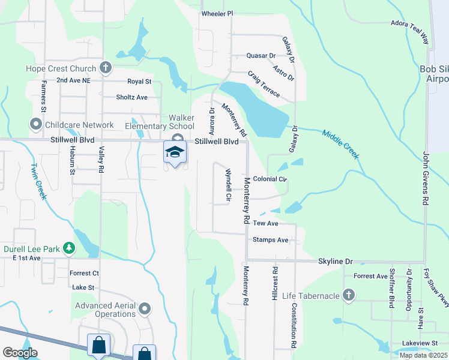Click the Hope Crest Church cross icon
pyautogui.click(x=106, y=67)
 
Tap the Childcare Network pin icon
pyautogui.click(x=35, y=125)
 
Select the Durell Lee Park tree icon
pyautogui.click(x=70, y=247)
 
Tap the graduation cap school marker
pyautogui.click(x=175, y=152)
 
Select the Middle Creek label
pyautogui.click(x=340, y=144)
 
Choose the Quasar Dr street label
pyautogui.click(x=261, y=56)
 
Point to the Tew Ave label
pyautogui.click(x=265, y=223)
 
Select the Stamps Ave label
pyautogui.click(x=271, y=240)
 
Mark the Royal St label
pyautogui.click(x=139, y=81)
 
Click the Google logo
pyautogui.click(x=20, y=353)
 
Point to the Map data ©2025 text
pyautogui.click(x=423, y=355)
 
